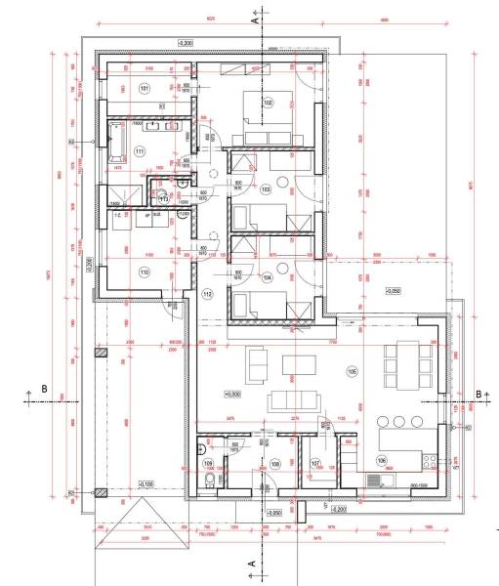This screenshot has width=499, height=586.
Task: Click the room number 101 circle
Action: tap(145, 89)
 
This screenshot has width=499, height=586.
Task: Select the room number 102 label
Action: tap(267, 101)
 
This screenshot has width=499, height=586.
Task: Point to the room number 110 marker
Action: tap(144, 272)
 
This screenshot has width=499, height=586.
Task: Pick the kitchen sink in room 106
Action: tap(376, 481)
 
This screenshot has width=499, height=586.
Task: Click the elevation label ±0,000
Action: tap(232, 395)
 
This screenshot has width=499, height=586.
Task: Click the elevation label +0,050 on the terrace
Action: tap(393, 291)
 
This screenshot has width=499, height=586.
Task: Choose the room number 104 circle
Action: tap(266, 277)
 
